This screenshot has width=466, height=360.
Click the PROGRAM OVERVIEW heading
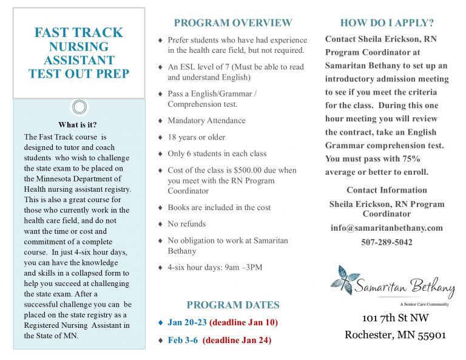point(233,23)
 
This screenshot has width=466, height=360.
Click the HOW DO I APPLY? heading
point(387,23)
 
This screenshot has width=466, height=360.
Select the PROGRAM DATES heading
point(233,305)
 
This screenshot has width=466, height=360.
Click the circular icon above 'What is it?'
point(79,107)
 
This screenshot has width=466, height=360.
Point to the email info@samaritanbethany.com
point(387,228)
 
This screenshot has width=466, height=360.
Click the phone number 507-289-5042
point(387,242)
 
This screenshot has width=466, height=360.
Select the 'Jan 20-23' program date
point(187,322)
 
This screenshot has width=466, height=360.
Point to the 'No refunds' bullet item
point(186,224)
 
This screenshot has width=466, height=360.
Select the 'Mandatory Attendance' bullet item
point(206,121)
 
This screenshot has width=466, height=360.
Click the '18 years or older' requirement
point(196,137)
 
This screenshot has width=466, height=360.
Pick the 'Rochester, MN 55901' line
point(395,335)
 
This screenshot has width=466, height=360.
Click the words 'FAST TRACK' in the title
point(79,33)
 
